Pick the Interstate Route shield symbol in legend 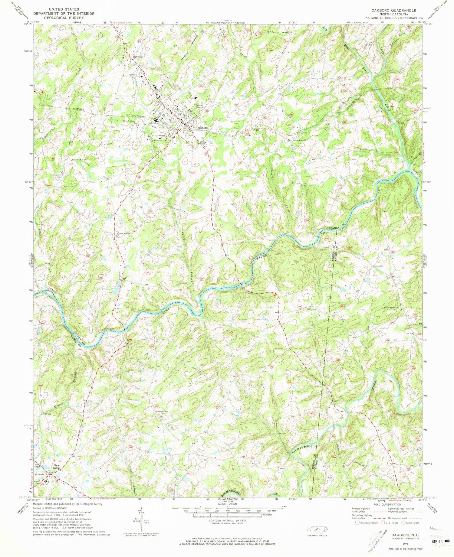pos(357,522)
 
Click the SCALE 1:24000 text pos(227,504)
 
